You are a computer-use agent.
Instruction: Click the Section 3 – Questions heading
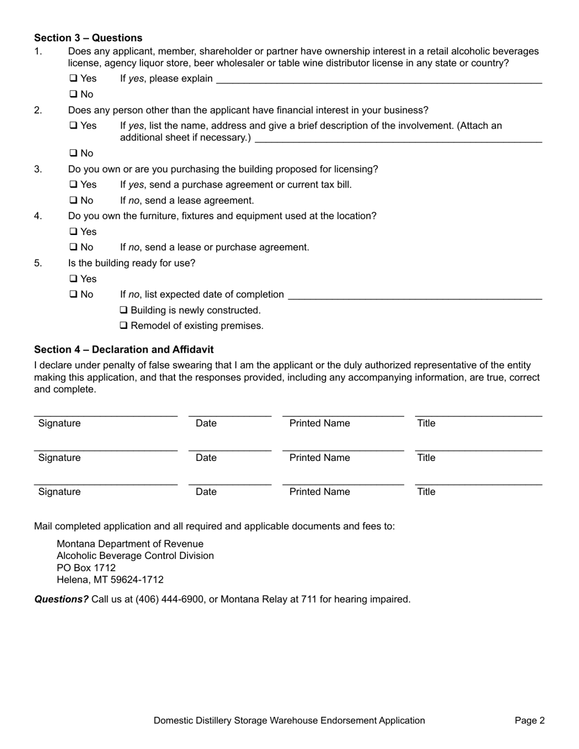pyautogui.click(x=88, y=38)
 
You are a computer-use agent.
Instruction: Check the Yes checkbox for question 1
pyautogui.click(x=73, y=79)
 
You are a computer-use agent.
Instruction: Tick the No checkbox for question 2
pyautogui.click(x=73, y=153)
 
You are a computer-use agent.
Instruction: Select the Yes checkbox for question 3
pyautogui.click(x=73, y=185)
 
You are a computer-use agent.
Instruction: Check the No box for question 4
pyautogui.click(x=73, y=247)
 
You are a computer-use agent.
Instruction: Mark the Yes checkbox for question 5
pyautogui.click(x=73, y=279)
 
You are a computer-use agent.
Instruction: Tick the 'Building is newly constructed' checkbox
pyautogui.click(x=124, y=311)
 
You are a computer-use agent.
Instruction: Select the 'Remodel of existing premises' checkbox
pyautogui.click(x=124, y=326)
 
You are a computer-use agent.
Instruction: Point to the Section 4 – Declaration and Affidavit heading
pyautogui.click(x=124, y=350)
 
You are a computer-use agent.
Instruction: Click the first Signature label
pyautogui.click(x=59, y=424)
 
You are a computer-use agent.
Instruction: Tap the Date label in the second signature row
pyautogui.click(x=206, y=458)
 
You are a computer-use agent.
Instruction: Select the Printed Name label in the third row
pyautogui.click(x=319, y=492)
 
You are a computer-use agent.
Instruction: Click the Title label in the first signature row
pyautogui.click(x=426, y=424)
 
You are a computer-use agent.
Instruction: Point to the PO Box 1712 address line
pyautogui.click(x=86, y=568)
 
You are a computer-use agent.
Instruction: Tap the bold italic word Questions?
pyautogui.click(x=61, y=599)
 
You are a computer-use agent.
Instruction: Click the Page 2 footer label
pyautogui.click(x=530, y=721)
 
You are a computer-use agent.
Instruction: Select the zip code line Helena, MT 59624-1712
pyautogui.click(x=110, y=580)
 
